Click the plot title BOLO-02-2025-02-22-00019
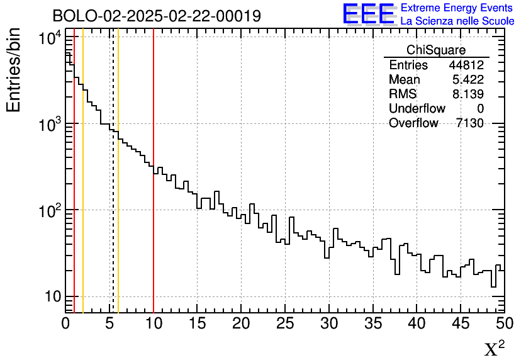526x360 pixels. click(x=157, y=16)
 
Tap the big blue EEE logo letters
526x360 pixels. click(x=369, y=14)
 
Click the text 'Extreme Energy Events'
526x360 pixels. click(x=457, y=8)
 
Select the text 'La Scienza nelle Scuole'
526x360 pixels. click(x=457, y=21)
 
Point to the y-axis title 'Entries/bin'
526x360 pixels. click(x=14, y=70)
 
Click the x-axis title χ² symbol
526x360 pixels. click(x=494, y=348)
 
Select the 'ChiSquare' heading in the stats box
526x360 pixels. click(x=436, y=50)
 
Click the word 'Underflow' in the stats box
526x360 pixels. click(x=417, y=109)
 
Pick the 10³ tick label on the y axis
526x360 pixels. click(x=48, y=124)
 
